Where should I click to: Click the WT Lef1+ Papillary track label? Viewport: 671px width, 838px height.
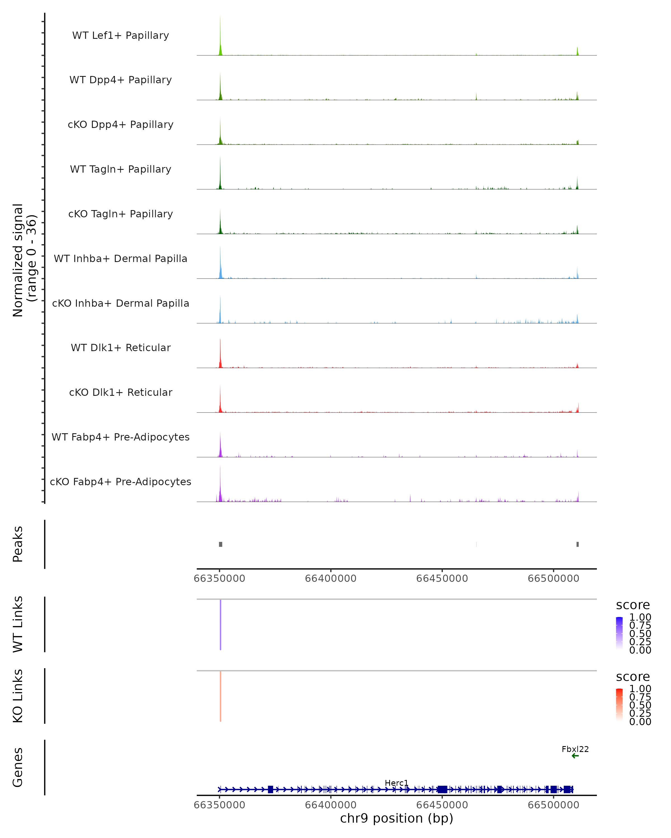click(x=121, y=35)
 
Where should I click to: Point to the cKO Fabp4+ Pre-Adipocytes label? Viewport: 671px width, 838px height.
click(x=121, y=482)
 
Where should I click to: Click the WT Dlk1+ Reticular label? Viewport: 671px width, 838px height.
click(x=121, y=347)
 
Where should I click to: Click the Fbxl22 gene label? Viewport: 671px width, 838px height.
click(x=575, y=749)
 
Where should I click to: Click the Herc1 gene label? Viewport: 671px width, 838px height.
click(x=396, y=783)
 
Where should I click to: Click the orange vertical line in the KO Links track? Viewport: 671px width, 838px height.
click(x=221, y=696)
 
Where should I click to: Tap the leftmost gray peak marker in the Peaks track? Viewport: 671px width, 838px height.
click(x=221, y=544)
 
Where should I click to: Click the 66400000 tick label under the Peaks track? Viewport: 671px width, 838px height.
click(x=331, y=578)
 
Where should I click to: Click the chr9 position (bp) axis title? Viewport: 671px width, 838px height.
click(x=396, y=818)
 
